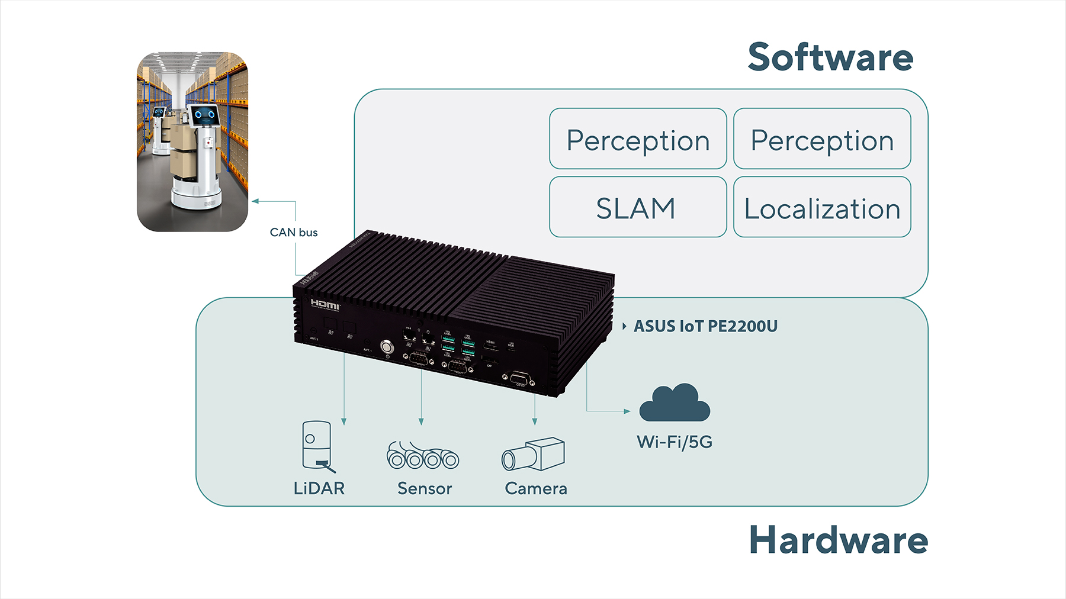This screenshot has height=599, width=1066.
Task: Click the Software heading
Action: (830, 57)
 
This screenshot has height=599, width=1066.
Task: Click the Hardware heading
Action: (838, 540)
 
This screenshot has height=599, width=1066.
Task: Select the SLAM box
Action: (637, 208)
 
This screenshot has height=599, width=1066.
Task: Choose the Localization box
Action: (822, 208)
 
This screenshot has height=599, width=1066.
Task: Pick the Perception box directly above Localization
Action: (822, 139)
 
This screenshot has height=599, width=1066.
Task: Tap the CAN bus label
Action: (294, 233)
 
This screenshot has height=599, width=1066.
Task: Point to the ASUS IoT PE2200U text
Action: (705, 326)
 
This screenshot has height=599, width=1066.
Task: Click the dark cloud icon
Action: (675, 404)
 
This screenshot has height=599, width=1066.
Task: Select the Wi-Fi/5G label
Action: (675, 442)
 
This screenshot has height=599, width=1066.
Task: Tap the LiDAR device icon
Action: (317, 446)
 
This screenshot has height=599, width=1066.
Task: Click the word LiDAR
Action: (319, 488)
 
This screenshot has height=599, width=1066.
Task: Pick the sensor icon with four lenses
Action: (422, 456)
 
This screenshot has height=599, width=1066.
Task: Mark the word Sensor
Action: (425, 489)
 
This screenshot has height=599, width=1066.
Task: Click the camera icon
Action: (534, 455)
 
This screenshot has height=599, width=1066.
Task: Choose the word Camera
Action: (536, 489)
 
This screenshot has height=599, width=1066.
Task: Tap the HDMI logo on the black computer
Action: (325, 305)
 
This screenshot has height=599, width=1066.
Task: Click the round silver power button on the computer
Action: (387, 346)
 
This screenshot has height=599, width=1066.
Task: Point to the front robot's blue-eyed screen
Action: (204, 115)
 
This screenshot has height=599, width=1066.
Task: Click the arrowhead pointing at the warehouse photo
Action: (255, 201)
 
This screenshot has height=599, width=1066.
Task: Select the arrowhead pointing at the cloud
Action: (627, 411)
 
